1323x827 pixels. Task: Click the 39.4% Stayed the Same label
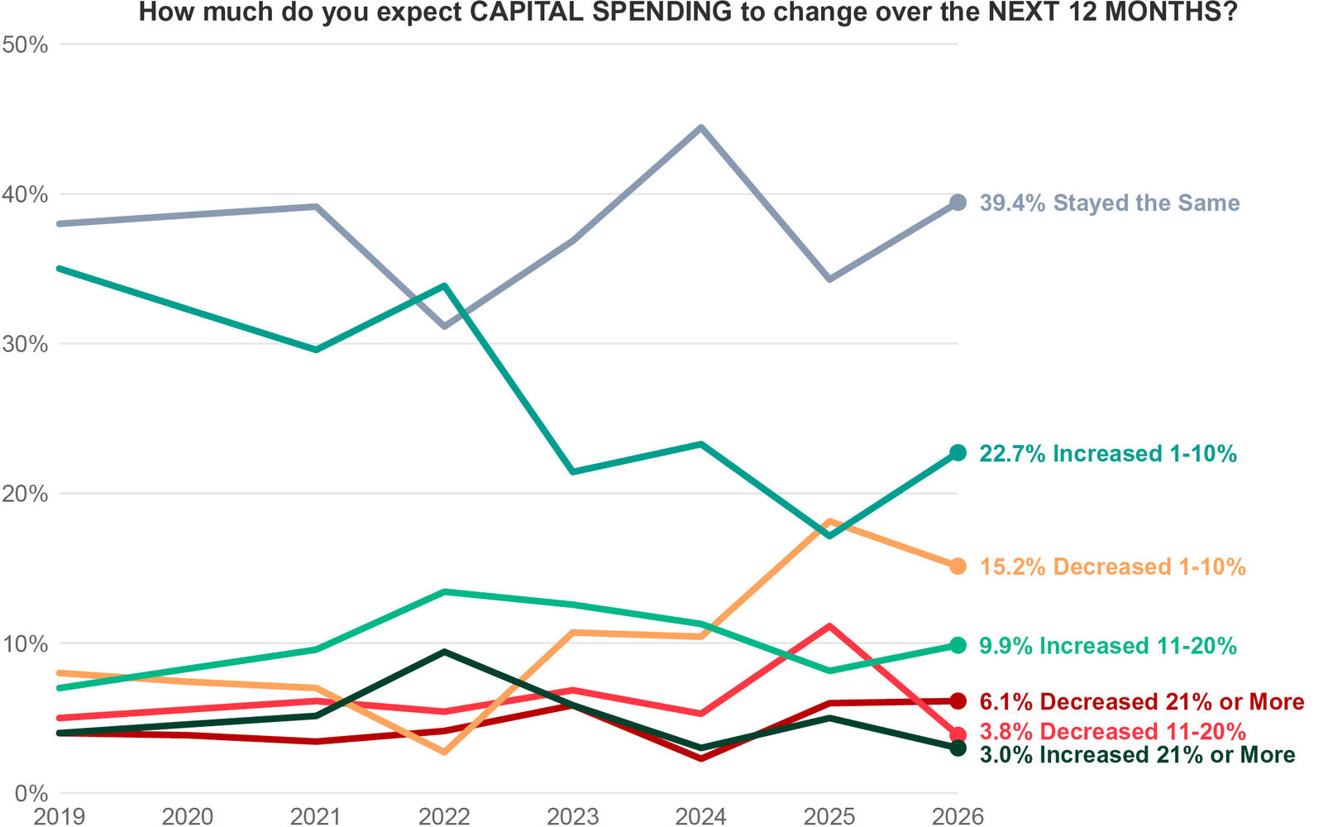[1109, 203]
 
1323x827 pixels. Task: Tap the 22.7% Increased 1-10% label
[1108, 453]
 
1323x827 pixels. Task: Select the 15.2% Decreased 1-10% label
[1112, 566]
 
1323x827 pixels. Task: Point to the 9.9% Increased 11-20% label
[1108, 646]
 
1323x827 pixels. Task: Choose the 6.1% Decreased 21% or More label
[1141, 701]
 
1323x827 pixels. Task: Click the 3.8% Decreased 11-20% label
[1112, 731]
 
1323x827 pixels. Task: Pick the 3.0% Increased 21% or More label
[1137, 754]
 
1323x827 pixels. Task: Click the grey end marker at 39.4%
[958, 203]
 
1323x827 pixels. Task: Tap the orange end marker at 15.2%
[958, 566]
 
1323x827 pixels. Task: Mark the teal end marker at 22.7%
[958, 452]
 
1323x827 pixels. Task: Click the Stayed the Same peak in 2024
[701, 128]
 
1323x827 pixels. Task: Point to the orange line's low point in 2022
[445, 752]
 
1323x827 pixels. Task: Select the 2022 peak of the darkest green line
[445, 652]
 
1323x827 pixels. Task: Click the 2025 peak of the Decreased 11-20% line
[829, 626]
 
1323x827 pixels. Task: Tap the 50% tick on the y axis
[26, 45]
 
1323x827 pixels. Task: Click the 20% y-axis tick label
[26, 494]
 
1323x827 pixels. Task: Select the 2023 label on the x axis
[573, 817]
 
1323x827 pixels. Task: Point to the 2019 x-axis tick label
[60, 817]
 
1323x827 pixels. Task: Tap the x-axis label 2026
[958, 817]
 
